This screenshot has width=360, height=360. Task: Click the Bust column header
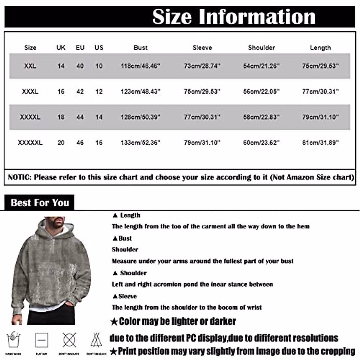pyautogui.click(x=140, y=47)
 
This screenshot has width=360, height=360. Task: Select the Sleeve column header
pyautogui.click(x=202, y=47)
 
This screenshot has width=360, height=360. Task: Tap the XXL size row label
pyautogui.click(x=30, y=66)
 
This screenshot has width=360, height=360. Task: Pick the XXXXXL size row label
pyautogui.click(x=30, y=142)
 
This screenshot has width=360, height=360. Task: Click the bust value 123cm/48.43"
pyautogui.click(x=140, y=91)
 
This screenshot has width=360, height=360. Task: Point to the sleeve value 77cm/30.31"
pyautogui.click(x=202, y=117)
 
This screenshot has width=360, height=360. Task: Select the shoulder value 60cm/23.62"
pyautogui.click(x=261, y=142)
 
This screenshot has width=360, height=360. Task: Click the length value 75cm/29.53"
pyautogui.click(x=320, y=66)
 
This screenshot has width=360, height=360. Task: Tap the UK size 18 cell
pyautogui.click(x=61, y=117)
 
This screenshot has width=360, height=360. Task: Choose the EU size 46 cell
pyautogui.click(x=80, y=142)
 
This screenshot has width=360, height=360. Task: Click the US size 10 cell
pyautogui.click(x=99, y=66)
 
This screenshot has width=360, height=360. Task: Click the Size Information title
pyautogui.click(x=233, y=16)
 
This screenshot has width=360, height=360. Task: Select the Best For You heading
pyautogui.click(x=40, y=203)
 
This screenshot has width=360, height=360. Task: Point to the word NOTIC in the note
pyautogui.click(x=19, y=177)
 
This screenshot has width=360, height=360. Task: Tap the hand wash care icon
pyautogui.click(x=13, y=340)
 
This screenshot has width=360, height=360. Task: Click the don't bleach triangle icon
pyautogui.click(x=96, y=340)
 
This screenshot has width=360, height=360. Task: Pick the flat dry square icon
pyautogui.click(x=41, y=340)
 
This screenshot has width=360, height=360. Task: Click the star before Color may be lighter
pyautogui.click(x=114, y=322)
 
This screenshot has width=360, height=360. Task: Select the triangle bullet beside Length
pyautogui.click(x=115, y=215)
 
